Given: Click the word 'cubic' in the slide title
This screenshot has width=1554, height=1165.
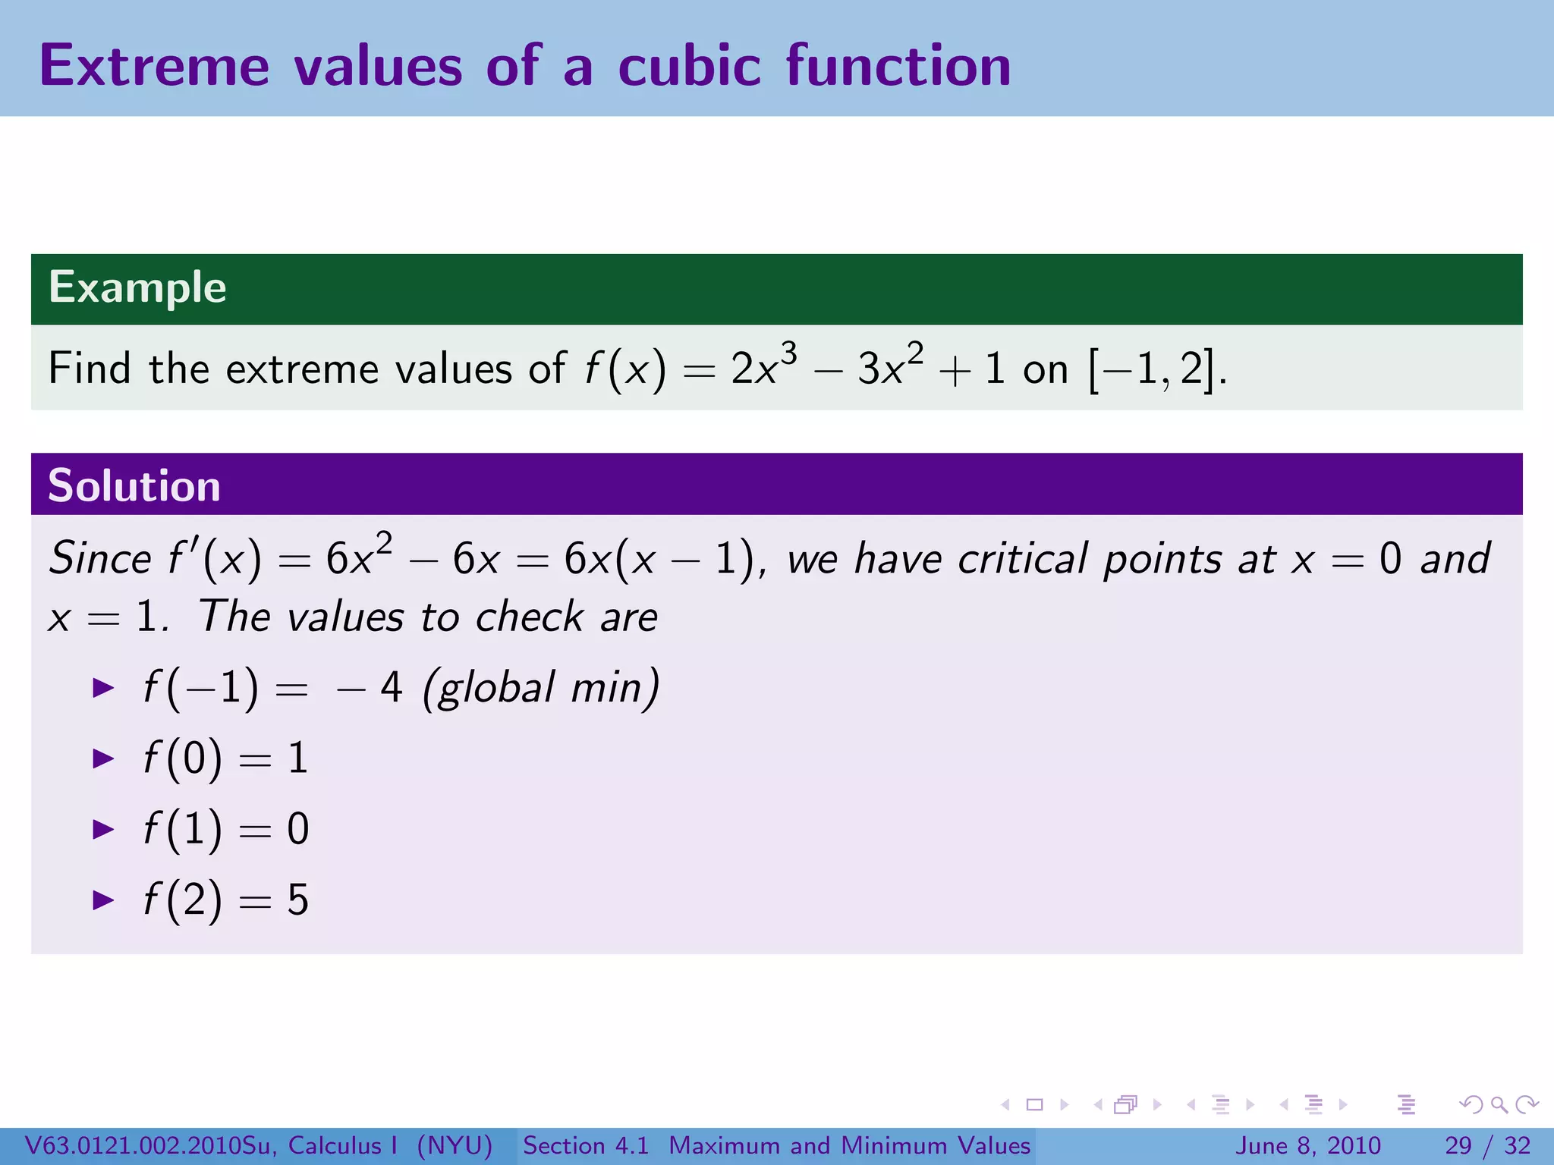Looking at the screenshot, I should coord(689,67).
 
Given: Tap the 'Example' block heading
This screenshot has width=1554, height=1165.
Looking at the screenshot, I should coord(137,288).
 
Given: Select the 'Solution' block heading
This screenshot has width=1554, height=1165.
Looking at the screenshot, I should coord(134,486).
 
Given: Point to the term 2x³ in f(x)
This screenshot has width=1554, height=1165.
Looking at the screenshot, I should coord(763,368).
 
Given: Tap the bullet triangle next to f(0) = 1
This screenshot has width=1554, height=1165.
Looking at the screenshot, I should coord(103,758).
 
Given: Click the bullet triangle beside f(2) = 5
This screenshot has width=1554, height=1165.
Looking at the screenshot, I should coord(103,900).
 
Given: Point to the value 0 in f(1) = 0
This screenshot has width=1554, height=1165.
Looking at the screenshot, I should coord(298,829).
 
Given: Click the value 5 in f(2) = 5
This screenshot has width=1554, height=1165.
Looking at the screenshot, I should coord(298,900).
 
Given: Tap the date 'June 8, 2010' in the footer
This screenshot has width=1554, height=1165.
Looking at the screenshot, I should coord(1309,1145).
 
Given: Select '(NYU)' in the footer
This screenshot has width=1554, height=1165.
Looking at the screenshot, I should coord(455,1145).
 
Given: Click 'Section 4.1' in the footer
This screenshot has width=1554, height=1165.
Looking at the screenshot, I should coord(586,1145).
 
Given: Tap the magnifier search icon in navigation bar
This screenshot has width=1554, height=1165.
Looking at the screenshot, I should coord(1499,1105).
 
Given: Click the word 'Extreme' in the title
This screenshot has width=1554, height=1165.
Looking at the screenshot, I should coord(154,67).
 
